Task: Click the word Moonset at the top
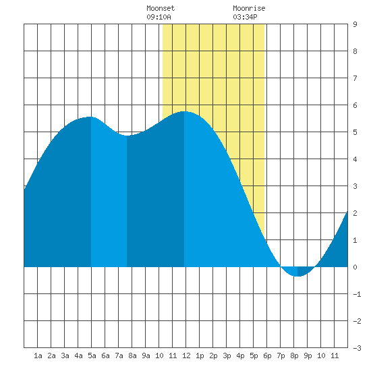pos(161,8)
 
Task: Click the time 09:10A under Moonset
pos(159,17)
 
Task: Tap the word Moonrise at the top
pos(249,8)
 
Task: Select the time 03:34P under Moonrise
pos(245,17)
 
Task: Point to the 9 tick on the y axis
pos(355,24)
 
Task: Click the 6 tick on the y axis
pos(355,105)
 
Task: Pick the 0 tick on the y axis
pos(355,267)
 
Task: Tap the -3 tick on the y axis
pos(357,348)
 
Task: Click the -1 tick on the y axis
pos(357,294)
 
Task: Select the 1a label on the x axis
pos(38,355)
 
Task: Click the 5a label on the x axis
pos(92,355)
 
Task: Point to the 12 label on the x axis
pos(186,355)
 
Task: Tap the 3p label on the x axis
pos(227,355)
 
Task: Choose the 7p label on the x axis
pos(281,355)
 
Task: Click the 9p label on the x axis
pos(308,355)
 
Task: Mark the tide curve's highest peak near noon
pos(184,111)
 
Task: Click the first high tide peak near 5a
pos(90,117)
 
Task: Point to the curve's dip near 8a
pos(127,136)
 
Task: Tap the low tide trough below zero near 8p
pos(297,276)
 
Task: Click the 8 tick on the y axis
pos(355,51)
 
